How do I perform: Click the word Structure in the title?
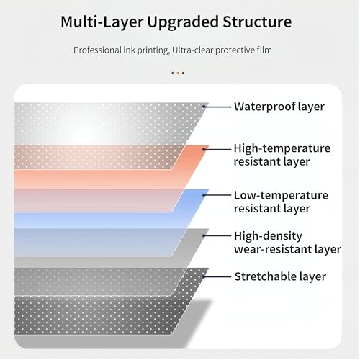point(257,22)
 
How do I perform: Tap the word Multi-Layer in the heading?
point(102,22)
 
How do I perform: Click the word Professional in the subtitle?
point(97,50)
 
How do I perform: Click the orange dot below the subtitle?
point(178,73)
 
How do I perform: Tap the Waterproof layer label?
point(279,107)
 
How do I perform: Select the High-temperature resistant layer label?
point(282,155)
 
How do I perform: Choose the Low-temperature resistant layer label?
point(281,202)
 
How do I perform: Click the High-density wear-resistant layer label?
point(287,243)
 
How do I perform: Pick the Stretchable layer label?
point(280,276)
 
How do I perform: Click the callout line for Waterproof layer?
point(217,107)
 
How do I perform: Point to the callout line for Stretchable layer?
point(217,276)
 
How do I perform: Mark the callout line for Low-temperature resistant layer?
point(217,195)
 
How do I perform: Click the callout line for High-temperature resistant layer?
point(217,149)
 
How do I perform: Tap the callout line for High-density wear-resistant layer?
point(217,235)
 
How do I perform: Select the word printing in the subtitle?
point(153,50)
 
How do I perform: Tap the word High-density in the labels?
point(268,236)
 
